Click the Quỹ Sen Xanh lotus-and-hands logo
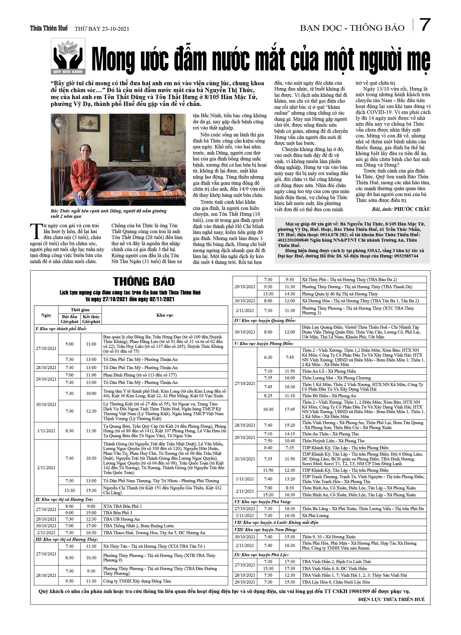point(68,56)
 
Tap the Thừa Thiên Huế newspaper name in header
point(49,28)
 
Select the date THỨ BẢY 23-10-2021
point(102,29)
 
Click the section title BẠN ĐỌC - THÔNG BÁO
point(352,28)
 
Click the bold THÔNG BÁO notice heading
point(144,281)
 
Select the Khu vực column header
point(164,315)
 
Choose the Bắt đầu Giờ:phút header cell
point(69,319)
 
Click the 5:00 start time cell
point(69,344)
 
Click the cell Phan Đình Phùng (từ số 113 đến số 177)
point(140,375)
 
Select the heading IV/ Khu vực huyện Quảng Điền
point(265,321)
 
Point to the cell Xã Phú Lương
point(315,515)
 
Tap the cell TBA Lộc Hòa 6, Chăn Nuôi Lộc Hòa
point(336,582)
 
